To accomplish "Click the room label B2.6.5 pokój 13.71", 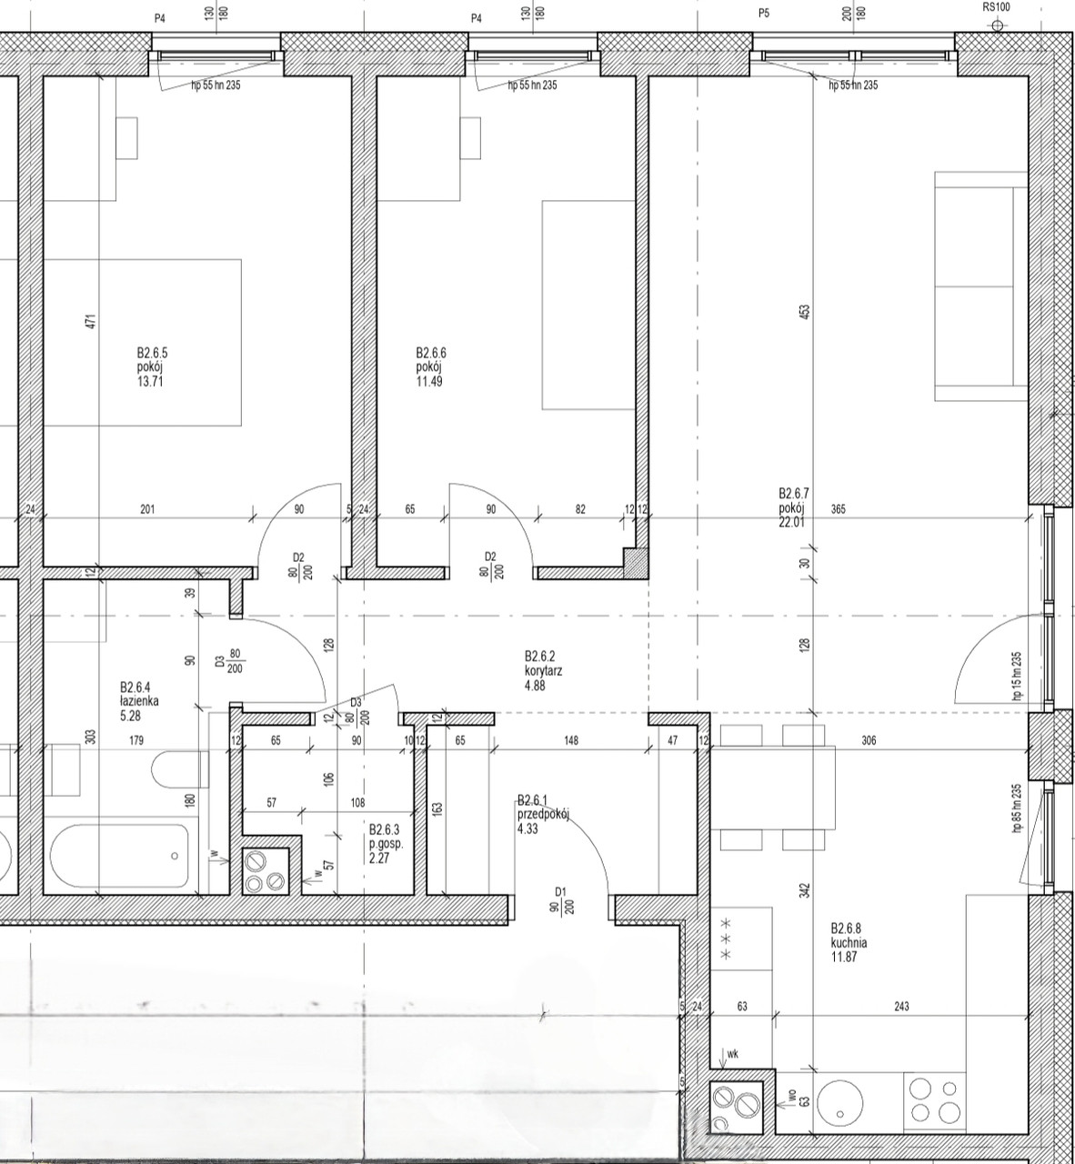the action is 152,366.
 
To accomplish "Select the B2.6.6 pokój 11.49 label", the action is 431,366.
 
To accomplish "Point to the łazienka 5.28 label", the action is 139,701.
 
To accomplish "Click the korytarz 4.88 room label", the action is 543,670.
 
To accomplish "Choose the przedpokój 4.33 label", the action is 543,815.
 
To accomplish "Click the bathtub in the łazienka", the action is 120,857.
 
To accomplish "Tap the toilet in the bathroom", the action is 180,769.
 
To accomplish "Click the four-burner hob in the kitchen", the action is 935,1100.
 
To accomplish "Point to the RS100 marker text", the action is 997,7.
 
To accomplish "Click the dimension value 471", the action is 91,322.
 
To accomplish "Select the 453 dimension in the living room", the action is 805,311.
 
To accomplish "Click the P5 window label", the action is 764,13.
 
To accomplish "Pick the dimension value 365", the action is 839,509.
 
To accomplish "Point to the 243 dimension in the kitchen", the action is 901,1007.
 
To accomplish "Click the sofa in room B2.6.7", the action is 981,286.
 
